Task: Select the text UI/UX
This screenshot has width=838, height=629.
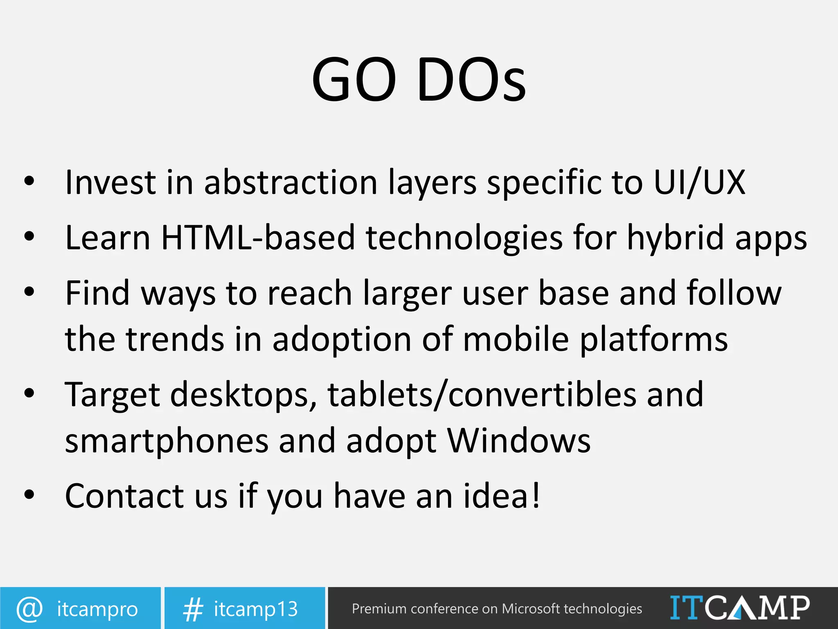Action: (x=699, y=182)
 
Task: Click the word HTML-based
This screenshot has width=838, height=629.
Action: (x=258, y=238)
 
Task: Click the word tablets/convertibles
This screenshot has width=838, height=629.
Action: (x=482, y=394)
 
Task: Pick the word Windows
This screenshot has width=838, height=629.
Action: (x=518, y=441)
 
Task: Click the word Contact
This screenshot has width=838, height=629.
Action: (x=124, y=496)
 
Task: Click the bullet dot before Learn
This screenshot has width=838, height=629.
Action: (x=29, y=237)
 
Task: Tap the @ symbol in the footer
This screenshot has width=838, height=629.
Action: (x=29, y=609)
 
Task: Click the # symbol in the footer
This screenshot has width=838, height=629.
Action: (x=193, y=609)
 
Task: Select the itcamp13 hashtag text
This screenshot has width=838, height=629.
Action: (x=256, y=609)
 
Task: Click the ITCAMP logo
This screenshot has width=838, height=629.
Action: (x=739, y=608)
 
